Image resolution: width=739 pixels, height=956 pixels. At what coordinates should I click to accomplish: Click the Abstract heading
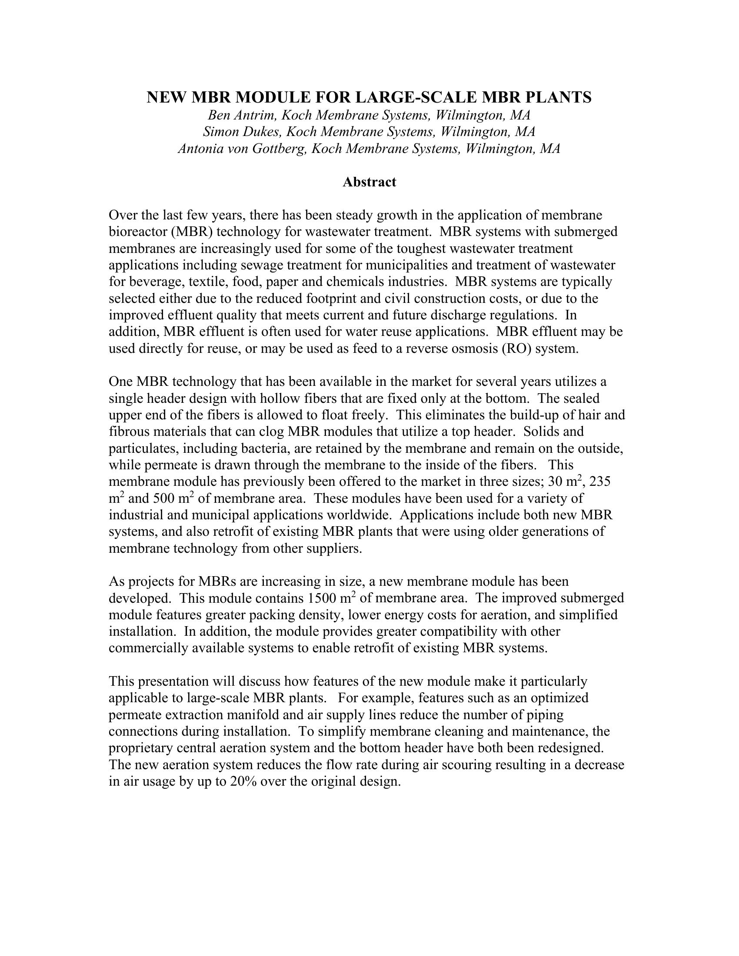(x=369, y=182)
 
